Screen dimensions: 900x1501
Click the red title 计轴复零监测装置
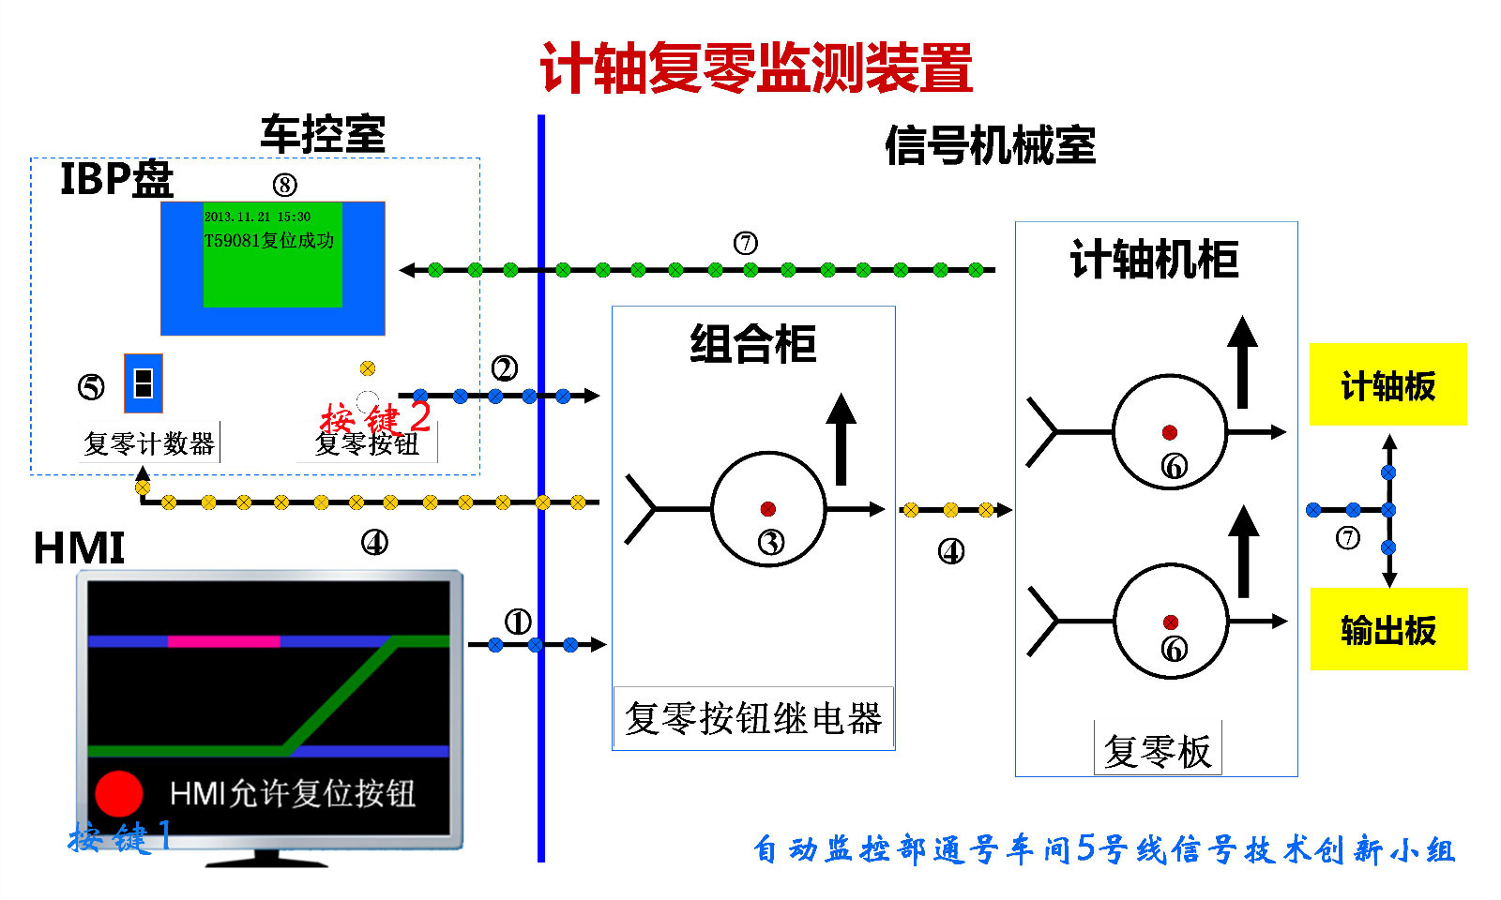756,67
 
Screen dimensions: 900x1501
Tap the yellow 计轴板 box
1387,384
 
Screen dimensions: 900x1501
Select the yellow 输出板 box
1388,629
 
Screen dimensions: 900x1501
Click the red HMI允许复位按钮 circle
118,793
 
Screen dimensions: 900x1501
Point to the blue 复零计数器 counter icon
144,383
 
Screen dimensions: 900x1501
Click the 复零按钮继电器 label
753,719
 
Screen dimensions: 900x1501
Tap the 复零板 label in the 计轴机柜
1158,751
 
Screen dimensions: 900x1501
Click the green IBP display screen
272,254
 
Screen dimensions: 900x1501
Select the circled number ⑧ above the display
284,185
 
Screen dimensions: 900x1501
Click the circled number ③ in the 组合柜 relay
771,542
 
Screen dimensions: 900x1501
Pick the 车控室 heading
323,134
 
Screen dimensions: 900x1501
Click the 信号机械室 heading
990,145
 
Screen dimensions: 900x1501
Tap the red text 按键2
375,416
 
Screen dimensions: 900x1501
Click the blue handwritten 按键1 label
120,836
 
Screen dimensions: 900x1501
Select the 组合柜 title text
753,343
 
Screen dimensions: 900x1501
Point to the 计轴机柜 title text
1155,260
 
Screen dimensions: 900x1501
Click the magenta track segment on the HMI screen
223,641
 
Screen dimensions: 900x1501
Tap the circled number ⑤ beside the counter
91,386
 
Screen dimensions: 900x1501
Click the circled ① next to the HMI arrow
518,621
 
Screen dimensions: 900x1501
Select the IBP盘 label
116,178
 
